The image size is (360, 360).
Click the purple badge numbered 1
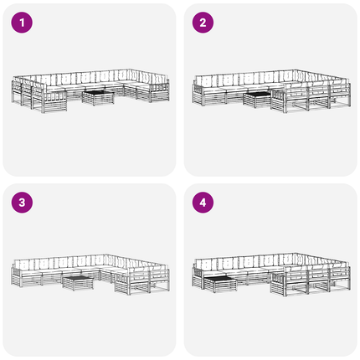[22, 23]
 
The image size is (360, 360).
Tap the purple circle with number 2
[203, 23]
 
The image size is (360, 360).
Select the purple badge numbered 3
[22, 203]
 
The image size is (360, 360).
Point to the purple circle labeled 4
[203, 203]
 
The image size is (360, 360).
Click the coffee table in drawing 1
[98, 98]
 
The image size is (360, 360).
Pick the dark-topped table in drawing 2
[258, 100]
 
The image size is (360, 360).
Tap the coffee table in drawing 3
[78, 283]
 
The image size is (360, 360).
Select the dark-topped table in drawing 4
[220, 284]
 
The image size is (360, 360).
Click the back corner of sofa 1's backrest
[130, 69]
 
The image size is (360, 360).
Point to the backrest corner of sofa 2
[296, 70]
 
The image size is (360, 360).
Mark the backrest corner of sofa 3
[106, 255]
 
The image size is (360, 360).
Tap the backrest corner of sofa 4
[296, 254]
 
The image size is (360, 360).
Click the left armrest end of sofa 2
[198, 95]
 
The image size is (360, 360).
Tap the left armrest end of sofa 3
[16, 276]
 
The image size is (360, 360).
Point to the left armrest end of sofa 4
[198, 277]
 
